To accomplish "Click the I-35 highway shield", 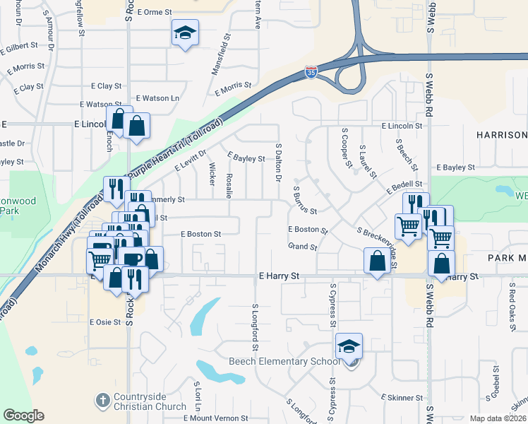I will pos(311,71).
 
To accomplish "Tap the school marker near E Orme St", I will pos(185,33).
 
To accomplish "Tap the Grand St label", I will pos(302,247).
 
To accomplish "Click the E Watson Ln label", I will pos(158,98).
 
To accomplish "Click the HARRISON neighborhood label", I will pos(501,135).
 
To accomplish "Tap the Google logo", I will pos(23,416).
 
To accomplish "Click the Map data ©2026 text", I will pos(498,418).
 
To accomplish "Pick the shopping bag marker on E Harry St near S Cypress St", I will pos(378,261).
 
